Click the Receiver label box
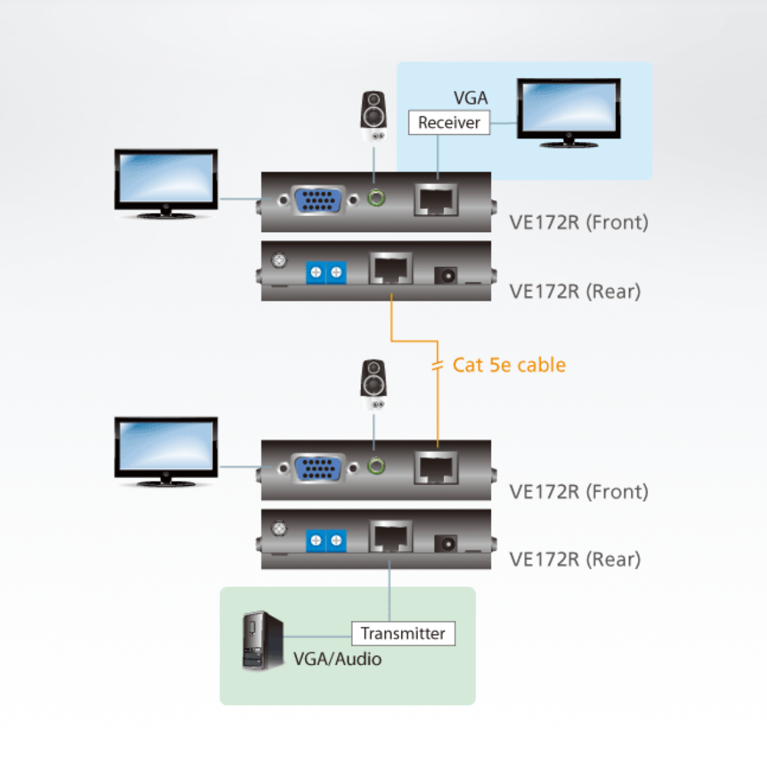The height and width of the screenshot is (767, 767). click(449, 122)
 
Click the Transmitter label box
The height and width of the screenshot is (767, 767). click(403, 633)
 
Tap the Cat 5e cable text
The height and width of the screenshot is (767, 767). click(509, 365)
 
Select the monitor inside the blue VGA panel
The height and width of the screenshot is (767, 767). click(568, 112)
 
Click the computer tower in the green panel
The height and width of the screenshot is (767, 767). click(262, 641)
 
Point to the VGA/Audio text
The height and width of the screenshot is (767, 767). click(337, 659)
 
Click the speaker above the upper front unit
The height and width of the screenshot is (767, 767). click(374, 115)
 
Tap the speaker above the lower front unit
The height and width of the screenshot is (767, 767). click(374, 383)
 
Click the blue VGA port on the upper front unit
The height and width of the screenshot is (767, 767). click(318, 201)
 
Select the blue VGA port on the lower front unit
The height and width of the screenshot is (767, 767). click(318, 469)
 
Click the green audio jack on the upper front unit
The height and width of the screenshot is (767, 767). click(377, 198)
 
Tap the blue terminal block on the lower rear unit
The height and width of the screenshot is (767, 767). click(326, 541)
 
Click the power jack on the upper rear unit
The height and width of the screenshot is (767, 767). click(445, 275)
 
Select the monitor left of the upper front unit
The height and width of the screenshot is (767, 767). click(166, 182)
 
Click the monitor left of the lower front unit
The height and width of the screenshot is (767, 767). click(166, 450)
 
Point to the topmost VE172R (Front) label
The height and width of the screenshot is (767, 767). click(578, 222)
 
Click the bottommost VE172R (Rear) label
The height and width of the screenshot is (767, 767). click(575, 559)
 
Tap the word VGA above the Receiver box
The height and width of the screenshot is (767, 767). click(470, 98)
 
